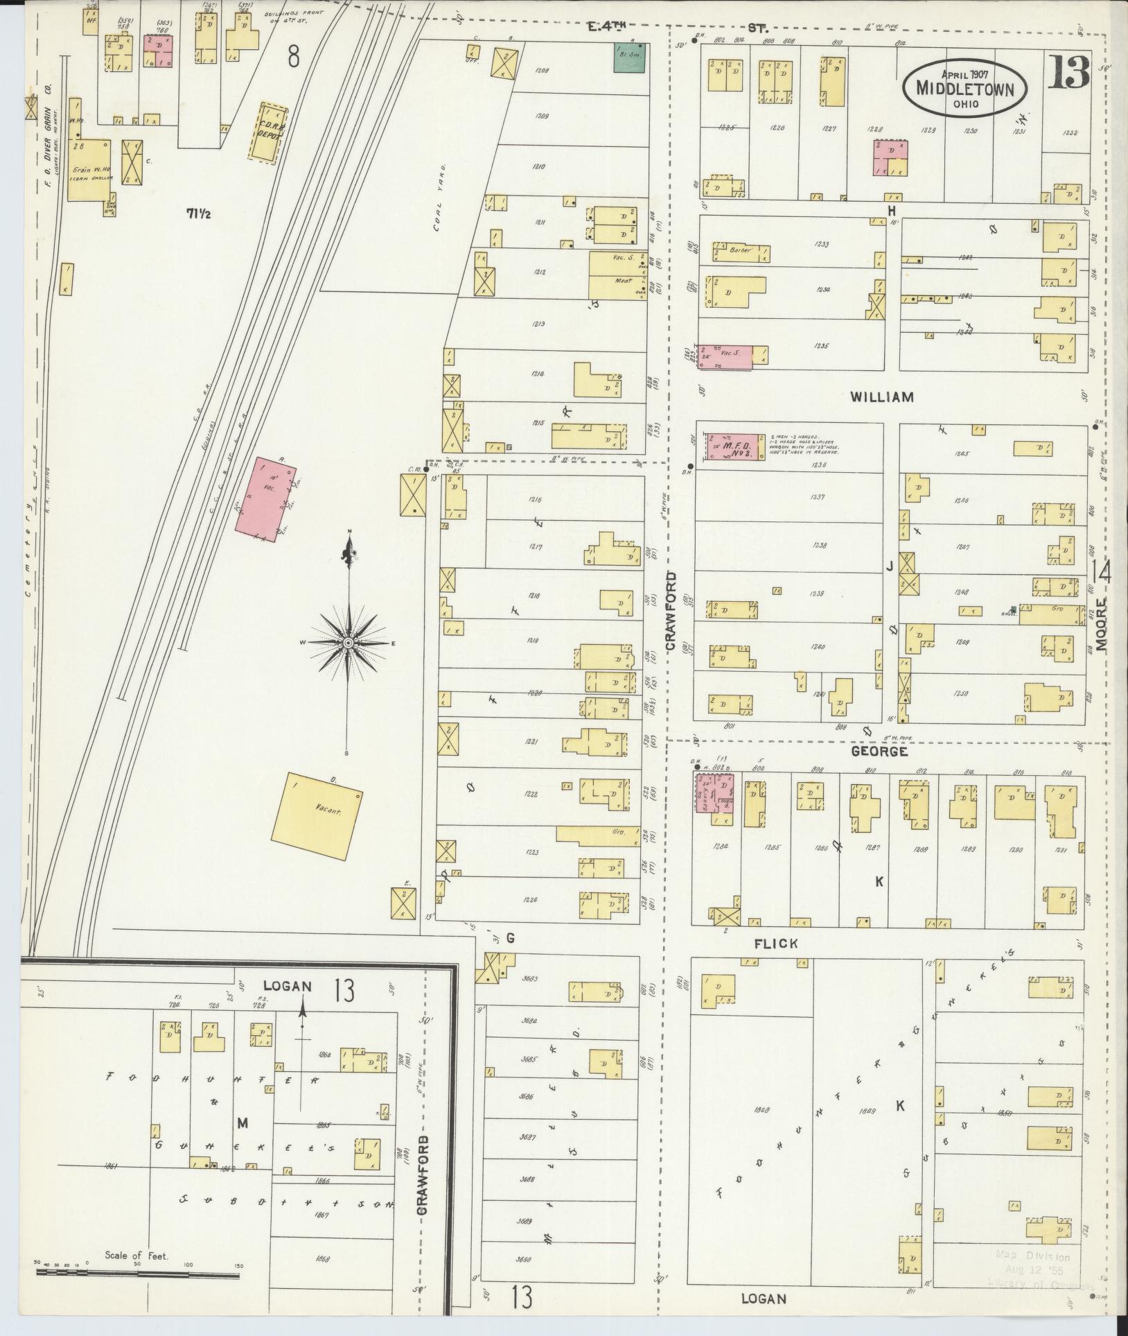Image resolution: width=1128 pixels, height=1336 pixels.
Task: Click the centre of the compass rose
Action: tap(349, 643)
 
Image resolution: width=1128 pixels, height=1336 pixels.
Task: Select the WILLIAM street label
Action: tap(881, 397)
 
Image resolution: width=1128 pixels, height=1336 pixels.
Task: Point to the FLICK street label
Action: tap(778, 943)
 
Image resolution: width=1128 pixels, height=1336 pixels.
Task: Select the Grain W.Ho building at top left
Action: tap(89, 170)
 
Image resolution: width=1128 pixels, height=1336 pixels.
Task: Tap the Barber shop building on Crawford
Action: tap(740, 250)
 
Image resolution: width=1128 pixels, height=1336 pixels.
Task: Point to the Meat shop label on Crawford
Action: tap(611, 283)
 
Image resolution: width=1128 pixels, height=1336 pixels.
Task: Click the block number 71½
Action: tap(198, 214)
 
